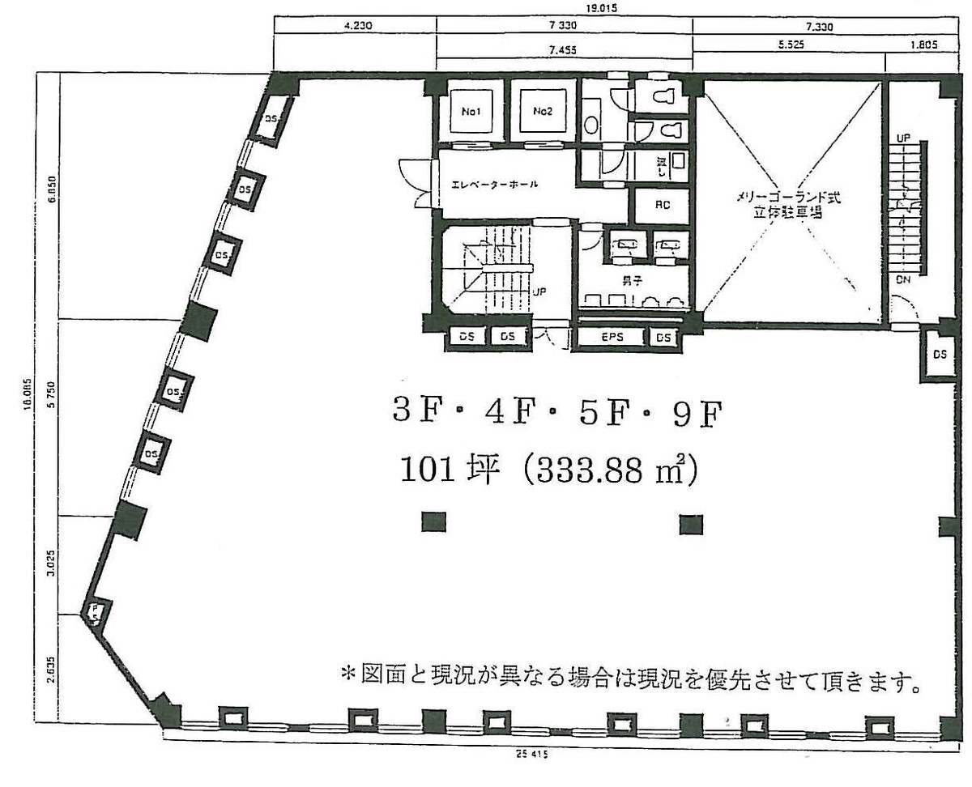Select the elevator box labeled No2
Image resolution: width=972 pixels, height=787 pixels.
[x=542, y=113]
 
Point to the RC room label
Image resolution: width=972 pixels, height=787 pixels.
[x=661, y=206]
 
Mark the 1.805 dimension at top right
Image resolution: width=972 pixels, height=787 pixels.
[x=923, y=46]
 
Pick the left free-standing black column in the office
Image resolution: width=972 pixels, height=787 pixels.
[x=433, y=522]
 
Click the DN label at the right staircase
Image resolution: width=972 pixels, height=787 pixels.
[x=903, y=279]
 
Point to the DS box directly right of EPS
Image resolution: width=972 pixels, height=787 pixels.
[x=663, y=338]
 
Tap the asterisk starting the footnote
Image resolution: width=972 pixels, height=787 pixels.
[x=348, y=674]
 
